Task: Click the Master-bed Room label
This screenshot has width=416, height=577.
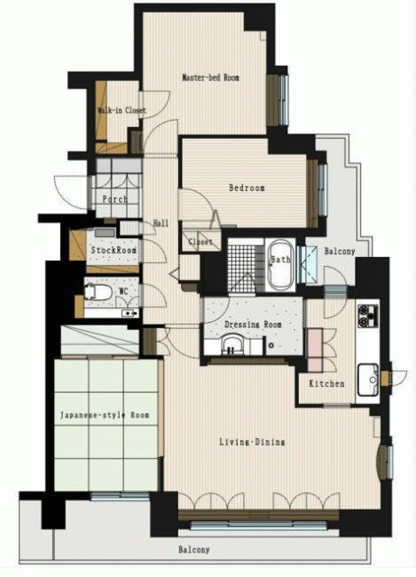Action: pyautogui.click(x=211, y=78)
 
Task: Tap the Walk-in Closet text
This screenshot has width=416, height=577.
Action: pyautogui.click(x=122, y=110)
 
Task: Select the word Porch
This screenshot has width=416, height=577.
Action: pyautogui.click(x=114, y=199)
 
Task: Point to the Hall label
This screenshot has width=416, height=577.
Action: pyautogui.click(x=160, y=223)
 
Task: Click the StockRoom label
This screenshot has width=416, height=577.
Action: pyautogui.click(x=113, y=251)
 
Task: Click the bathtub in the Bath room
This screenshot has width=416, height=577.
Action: pyautogui.click(x=281, y=264)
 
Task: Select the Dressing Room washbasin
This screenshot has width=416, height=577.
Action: pyautogui.click(x=231, y=344)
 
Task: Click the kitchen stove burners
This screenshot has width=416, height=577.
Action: pyautogui.click(x=367, y=316)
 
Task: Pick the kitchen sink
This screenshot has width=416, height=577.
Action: pyautogui.click(x=368, y=380)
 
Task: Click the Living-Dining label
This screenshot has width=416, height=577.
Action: pyautogui.click(x=252, y=442)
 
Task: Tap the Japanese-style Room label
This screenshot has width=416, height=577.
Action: pyautogui.click(x=104, y=415)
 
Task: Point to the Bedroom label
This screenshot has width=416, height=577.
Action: pyautogui.click(x=247, y=188)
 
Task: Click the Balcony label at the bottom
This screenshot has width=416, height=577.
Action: pyautogui.click(x=194, y=550)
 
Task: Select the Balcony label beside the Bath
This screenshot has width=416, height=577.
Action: pyautogui.click(x=339, y=252)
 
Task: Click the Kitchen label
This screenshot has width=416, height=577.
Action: pyautogui.click(x=327, y=383)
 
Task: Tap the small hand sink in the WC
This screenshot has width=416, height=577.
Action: pyautogui.click(x=130, y=314)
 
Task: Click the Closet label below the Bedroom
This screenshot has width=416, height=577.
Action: pyautogui.click(x=201, y=242)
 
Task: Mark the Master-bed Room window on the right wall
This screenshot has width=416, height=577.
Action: pyautogui.click(x=284, y=100)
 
